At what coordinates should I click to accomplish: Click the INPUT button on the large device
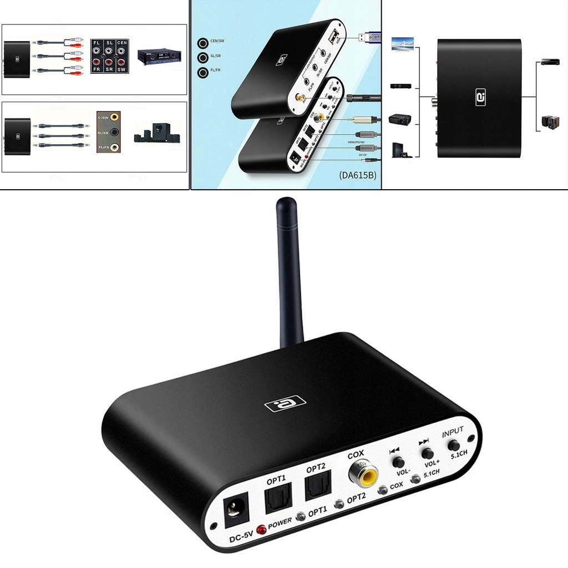(454, 445)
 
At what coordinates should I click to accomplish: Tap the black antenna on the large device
(290, 272)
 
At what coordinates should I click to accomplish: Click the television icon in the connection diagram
(402, 44)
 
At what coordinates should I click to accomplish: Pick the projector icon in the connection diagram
(400, 119)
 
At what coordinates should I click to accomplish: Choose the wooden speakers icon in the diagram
(550, 122)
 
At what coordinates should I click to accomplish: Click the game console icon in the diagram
(401, 150)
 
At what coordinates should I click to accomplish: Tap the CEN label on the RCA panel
(122, 42)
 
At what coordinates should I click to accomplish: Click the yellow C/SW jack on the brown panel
(114, 117)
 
